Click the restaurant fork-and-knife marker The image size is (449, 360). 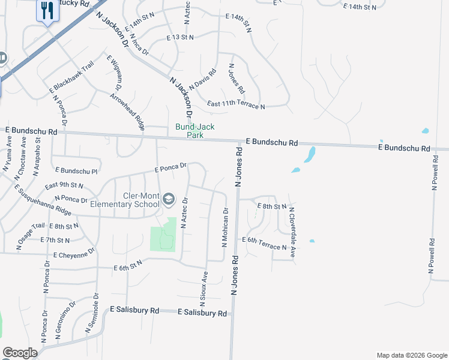coord(47,10)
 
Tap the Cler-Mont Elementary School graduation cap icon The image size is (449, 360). coord(169,199)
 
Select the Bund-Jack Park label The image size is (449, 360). coord(194,131)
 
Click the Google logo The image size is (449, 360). coord(20,353)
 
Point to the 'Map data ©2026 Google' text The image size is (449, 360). coord(412,355)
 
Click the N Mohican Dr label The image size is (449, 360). coord(226,227)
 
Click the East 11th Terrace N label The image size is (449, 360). coord(236,105)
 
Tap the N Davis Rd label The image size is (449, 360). coord(202,78)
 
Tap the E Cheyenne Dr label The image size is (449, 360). coord(74,254)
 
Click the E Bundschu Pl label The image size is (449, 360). coord(75,172)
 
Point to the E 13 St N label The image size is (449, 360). coord(180,37)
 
